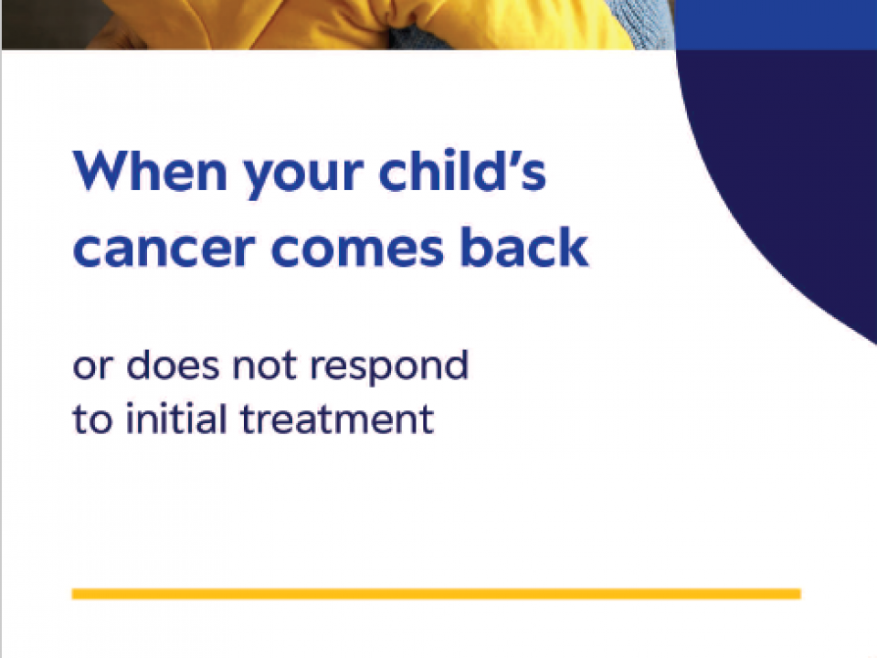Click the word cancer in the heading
coord(164,248)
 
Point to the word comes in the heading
coord(358,248)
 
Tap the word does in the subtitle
coord(173,364)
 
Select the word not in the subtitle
coord(264,366)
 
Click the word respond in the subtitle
coord(389,367)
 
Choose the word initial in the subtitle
coord(177,418)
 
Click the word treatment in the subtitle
coord(337,419)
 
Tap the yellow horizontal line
coord(437,594)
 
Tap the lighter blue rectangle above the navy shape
coord(777,25)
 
